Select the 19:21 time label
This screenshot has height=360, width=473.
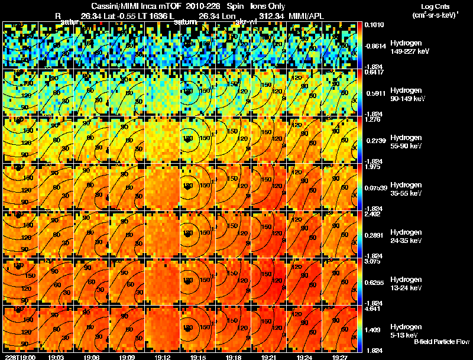click(269, 357)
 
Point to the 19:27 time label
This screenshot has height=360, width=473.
click(340, 357)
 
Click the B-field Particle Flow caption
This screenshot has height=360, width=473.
click(441, 342)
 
